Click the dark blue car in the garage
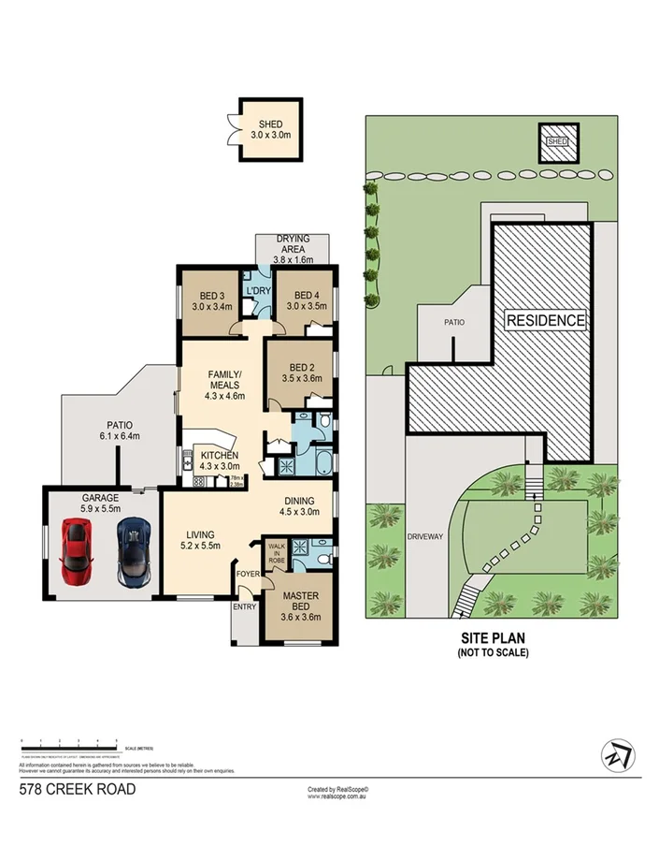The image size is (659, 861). [134, 552]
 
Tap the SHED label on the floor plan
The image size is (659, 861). [270, 124]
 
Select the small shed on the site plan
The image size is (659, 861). [557, 141]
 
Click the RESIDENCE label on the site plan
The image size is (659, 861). [546, 320]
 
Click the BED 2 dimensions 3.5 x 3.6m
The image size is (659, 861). [302, 379]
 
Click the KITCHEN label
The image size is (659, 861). [220, 456]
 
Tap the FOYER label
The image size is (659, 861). [248, 574]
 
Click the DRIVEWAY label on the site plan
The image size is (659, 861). [423, 537]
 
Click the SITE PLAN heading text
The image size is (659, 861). [492, 639]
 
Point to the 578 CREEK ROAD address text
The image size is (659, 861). [78, 790]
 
